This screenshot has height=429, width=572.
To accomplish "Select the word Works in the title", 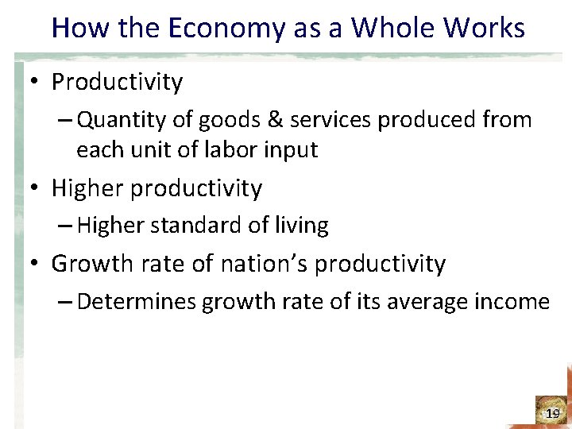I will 486,29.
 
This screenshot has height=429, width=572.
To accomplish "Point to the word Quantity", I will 118,121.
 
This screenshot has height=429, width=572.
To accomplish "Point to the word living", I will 300,226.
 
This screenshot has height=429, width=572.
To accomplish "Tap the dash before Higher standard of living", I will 67,226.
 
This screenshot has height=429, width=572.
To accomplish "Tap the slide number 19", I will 553,413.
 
